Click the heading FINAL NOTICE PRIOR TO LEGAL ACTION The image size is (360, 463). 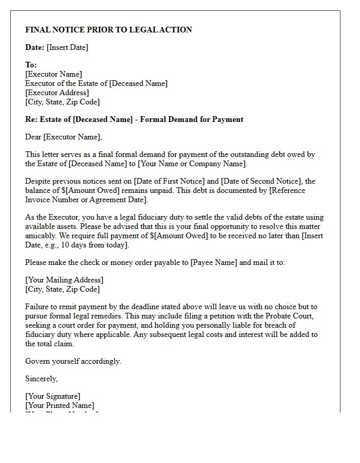[109, 30]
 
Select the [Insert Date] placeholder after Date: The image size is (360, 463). [67, 47]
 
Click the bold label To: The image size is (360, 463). [31, 65]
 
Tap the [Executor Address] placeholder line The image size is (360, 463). [57, 93]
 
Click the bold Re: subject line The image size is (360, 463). [134, 119]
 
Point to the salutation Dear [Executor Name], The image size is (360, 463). [64, 137]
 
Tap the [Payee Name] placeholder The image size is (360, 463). [214, 262]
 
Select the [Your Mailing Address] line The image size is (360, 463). [64, 280]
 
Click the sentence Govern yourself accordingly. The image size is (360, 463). [73, 361]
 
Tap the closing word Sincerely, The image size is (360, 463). [42, 379]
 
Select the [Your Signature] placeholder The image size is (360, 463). [53, 396]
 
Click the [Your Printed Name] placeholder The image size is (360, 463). [60, 405]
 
